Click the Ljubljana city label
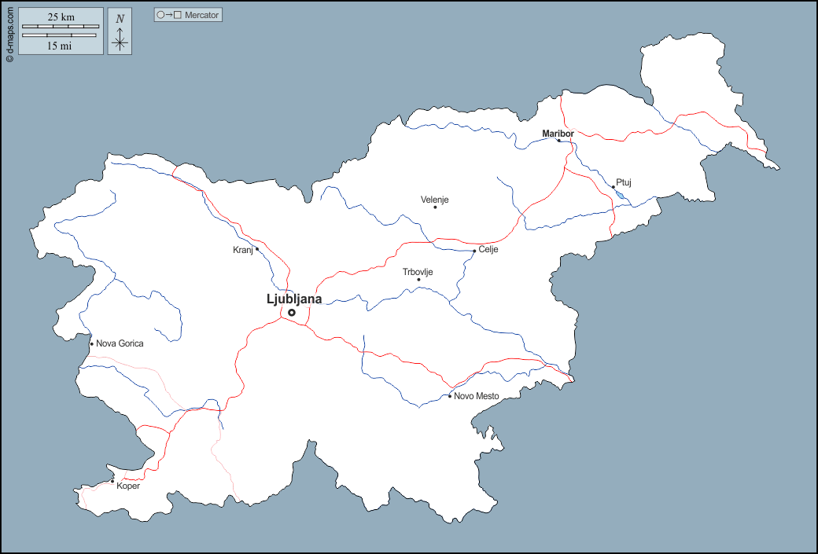click(x=294, y=299)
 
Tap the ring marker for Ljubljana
click(x=292, y=313)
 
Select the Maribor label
click(x=558, y=134)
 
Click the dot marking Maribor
click(x=559, y=141)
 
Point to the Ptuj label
click(x=624, y=182)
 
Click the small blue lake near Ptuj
click(x=621, y=194)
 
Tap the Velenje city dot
click(x=435, y=207)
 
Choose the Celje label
click(x=488, y=250)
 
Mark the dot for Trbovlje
click(x=418, y=280)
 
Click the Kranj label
click(x=242, y=250)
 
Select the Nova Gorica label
click(x=120, y=343)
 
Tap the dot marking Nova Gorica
click(x=91, y=343)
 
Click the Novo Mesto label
click(x=477, y=396)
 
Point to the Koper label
click(x=128, y=486)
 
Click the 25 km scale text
click(x=61, y=17)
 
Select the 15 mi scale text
click(x=61, y=46)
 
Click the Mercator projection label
click(x=188, y=15)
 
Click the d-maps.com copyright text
click(x=9, y=31)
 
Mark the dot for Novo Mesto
click(x=450, y=396)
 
